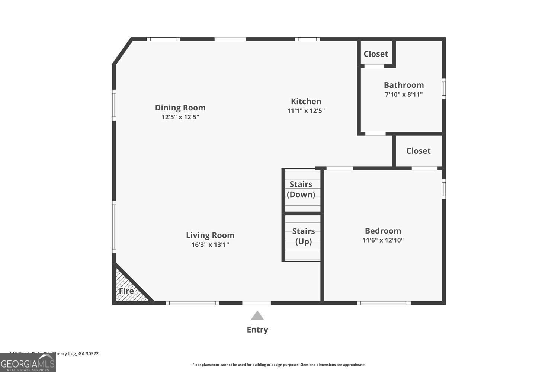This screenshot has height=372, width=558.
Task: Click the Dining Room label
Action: tap(180, 108)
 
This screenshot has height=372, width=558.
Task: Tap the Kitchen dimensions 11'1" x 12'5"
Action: tap(306, 111)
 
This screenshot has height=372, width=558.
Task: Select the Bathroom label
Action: tap(404, 85)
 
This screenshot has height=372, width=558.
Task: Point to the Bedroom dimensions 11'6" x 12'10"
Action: tap(383, 240)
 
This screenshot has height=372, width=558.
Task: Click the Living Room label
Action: tap(210, 235)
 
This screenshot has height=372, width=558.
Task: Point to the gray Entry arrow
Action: tap(257, 316)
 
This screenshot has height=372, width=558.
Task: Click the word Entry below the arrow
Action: tap(257, 330)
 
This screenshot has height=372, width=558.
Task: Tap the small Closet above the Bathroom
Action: tap(376, 54)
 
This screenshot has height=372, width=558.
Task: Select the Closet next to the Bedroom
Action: tap(418, 151)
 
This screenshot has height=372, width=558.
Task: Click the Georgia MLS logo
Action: tap(28, 363)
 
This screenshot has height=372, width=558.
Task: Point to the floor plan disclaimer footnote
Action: tap(279, 365)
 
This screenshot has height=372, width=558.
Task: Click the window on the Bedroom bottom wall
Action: tap(384, 303)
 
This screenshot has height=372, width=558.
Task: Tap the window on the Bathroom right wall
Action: tap(444, 89)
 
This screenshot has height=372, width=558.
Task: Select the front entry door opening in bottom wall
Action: tap(256, 303)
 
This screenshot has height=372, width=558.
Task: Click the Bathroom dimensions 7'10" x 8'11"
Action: tap(404, 94)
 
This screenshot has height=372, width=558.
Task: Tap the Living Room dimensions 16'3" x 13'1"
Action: tap(210, 245)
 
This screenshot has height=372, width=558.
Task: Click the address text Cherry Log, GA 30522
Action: tap(76, 353)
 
